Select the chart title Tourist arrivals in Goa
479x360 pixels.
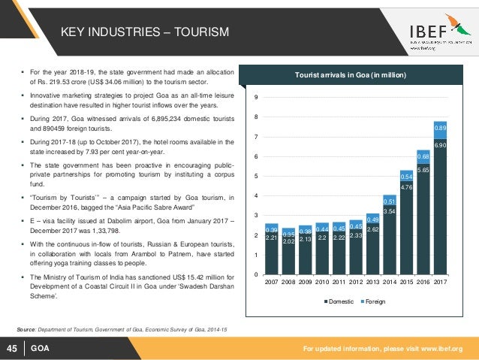click(x=351, y=76)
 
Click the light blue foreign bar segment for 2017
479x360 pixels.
click(x=441, y=129)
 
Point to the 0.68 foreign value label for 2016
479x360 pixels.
click(x=423, y=156)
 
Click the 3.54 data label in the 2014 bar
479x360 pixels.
click(x=389, y=212)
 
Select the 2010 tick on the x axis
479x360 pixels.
click(x=324, y=283)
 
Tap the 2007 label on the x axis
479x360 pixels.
click(x=272, y=283)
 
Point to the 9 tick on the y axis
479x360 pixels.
click(x=258, y=98)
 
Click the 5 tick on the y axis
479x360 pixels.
click(x=258, y=176)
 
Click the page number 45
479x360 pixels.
click(x=12, y=348)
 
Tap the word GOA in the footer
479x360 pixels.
click(x=40, y=348)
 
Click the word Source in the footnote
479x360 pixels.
click(x=29, y=329)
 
